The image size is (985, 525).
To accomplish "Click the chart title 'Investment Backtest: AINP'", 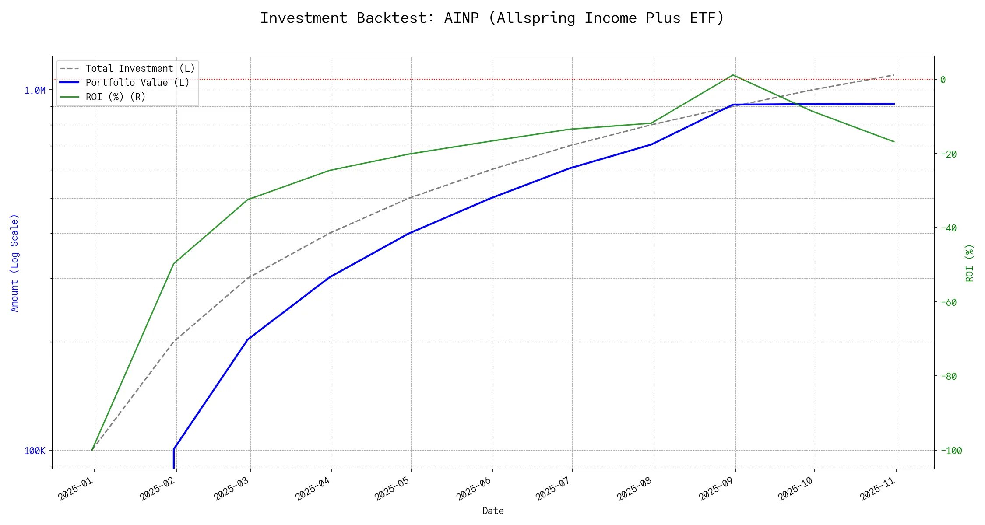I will [x=492, y=18].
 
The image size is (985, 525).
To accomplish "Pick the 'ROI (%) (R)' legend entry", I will [x=116, y=97].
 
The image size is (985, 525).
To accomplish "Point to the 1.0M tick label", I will [x=35, y=91].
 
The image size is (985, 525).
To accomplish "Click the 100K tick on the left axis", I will [x=35, y=451].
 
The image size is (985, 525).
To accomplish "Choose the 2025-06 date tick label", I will [x=474, y=489].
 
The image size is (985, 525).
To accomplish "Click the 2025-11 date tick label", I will [x=878, y=489].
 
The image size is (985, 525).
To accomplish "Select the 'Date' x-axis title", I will [x=493, y=511].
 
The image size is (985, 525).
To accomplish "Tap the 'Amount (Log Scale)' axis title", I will [x=15, y=262].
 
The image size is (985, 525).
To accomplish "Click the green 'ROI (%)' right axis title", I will [x=969, y=262].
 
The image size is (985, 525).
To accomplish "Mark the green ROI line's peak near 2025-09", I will [x=733, y=75].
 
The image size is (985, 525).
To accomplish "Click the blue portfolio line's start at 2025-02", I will [x=174, y=449].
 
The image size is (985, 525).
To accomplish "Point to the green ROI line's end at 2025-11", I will [x=894, y=142].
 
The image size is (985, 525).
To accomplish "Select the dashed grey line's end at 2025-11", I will [x=894, y=75].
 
